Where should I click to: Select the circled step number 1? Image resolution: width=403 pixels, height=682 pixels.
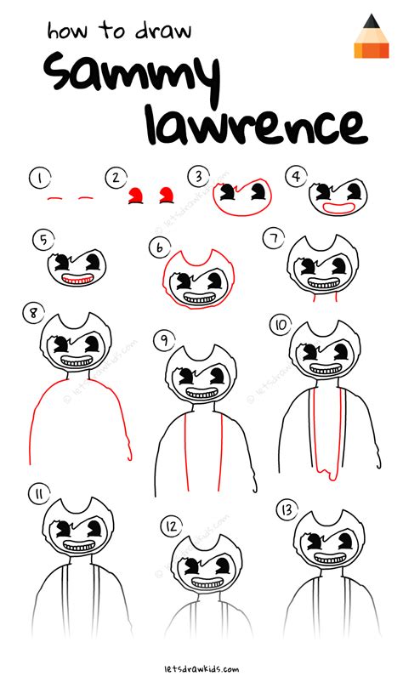click(x=37, y=178)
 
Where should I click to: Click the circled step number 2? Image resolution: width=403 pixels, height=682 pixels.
click(x=113, y=178)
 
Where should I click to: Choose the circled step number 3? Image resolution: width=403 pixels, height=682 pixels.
click(x=199, y=176)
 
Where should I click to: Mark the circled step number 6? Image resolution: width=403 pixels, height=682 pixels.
click(x=159, y=247)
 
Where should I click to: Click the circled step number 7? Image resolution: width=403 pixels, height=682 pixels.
click(x=273, y=241)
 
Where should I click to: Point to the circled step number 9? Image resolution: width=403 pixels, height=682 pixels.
click(x=162, y=340)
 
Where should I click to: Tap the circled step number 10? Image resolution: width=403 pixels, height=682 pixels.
click(x=280, y=325)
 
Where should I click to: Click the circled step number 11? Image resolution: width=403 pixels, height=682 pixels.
click(x=37, y=493)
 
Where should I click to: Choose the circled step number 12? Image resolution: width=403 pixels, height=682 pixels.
click(x=171, y=526)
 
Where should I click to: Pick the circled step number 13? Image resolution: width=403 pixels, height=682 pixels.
click(x=286, y=509)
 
